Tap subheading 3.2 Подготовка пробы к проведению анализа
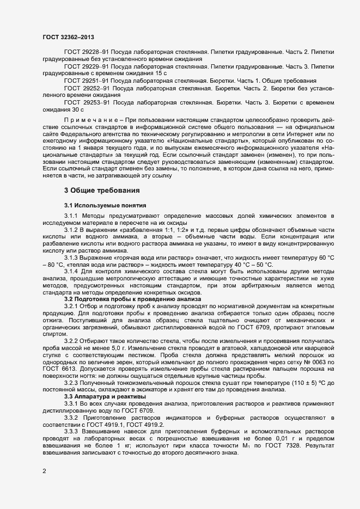(132, 300)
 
